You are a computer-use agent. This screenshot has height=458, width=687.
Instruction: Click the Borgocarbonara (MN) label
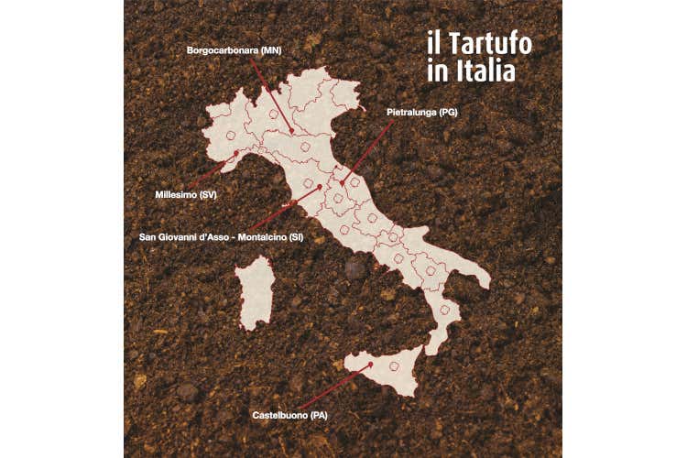234,50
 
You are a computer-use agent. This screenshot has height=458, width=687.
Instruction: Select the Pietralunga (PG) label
421,112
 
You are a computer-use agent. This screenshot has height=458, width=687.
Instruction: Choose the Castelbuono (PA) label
289,416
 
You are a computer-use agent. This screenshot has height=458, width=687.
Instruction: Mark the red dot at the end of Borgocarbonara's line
293,134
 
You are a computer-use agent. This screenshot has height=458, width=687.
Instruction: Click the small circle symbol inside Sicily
395,365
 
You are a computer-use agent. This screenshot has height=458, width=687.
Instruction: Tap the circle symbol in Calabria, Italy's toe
444,310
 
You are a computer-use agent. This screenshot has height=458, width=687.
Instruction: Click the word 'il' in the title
434,44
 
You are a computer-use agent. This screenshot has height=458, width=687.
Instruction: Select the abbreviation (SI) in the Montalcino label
296,237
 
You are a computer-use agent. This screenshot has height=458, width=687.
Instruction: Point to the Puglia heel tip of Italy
485,282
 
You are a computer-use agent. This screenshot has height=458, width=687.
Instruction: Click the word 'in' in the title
437,71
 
